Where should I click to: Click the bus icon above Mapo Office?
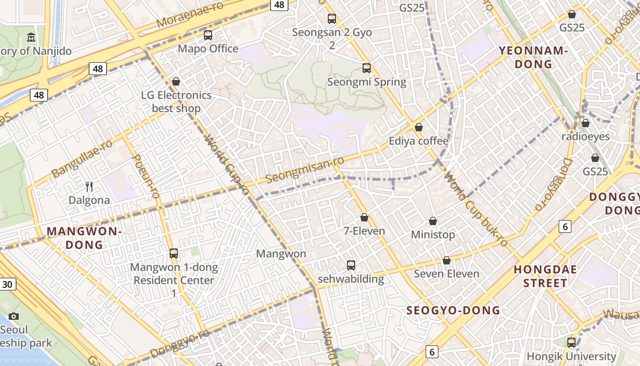(208, 35)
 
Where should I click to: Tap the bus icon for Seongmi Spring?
(366, 68)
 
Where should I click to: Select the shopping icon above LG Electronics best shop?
(176, 81)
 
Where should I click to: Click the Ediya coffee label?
(418, 141)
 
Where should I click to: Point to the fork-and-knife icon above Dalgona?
(89, 186)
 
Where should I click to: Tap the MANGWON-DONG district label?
(84, 238)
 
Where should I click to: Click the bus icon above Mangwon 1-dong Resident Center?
(173, 253)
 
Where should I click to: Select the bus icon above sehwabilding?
(351, 265)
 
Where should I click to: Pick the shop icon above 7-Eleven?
(364, 217)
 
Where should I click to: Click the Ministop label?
(433, 235)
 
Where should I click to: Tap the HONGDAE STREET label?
(545, 276)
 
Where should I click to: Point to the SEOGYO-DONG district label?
(453, 311)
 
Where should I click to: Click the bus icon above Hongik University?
(571, 342)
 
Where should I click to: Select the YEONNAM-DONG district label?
(533, 57)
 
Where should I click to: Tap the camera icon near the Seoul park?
(14, 316)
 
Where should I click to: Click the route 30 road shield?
(7, 284)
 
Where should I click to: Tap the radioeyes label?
(586, 136)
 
